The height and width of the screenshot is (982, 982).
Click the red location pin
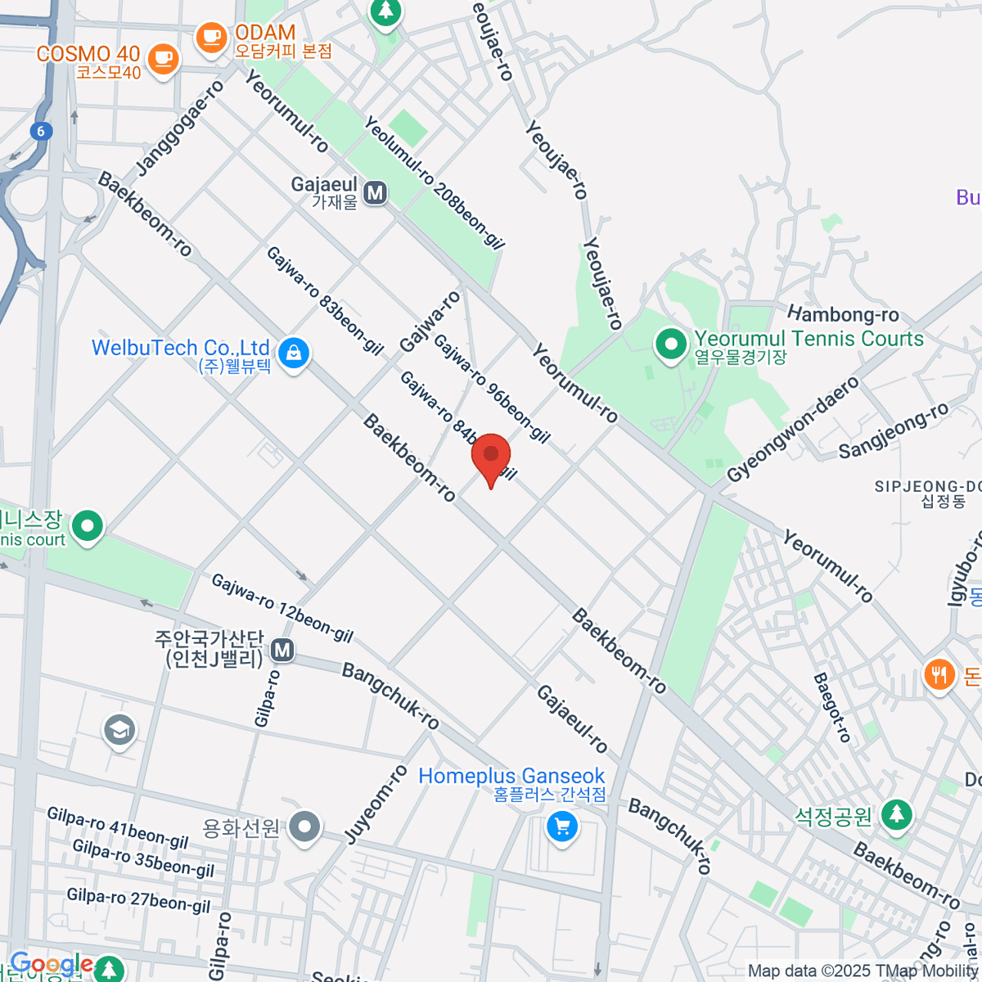click(x=491, y=456)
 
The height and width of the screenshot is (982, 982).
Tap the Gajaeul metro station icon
click(x=376, y=193)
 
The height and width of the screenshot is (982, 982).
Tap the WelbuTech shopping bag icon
click(x=292, y=354)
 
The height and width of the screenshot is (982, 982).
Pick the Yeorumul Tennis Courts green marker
click(x=672, y=344)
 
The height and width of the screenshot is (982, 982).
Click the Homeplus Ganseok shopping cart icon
click(x=561, y=827)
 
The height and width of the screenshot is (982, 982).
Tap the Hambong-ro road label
click(x=843, y=314)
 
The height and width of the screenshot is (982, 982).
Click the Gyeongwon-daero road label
click(x=794, y=429)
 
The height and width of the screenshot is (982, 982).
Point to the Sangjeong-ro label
click(x=894, y=430)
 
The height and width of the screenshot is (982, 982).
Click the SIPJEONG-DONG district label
click(x=928, y=493)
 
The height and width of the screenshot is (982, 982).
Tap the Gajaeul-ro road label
click(x=572, y=719)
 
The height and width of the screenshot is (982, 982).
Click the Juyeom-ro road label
click(x=376, y=804)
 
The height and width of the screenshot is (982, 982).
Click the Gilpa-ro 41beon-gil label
click(x=118, y=828)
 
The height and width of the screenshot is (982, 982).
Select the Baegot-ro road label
click(x=833, y=708)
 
